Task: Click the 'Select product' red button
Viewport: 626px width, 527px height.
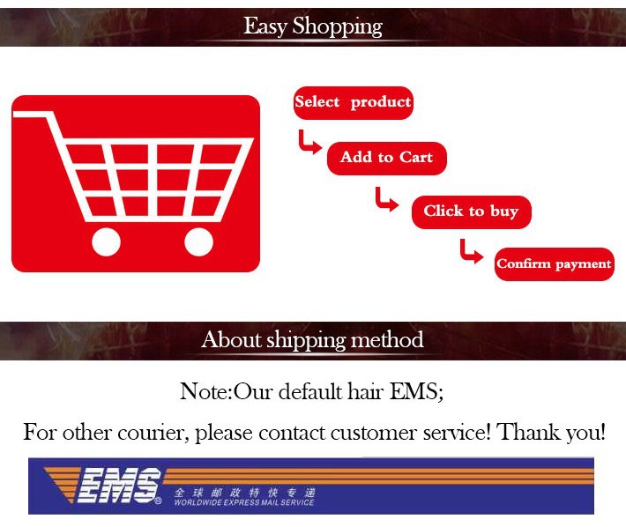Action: tap(354, 102)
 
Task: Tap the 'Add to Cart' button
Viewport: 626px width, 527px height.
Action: tap(386, 158)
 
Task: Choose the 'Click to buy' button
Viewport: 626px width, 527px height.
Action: tap(471, 212)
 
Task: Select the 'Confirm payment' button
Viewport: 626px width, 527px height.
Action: tap(554, 264)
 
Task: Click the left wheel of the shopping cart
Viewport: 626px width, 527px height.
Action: tap(106, 241)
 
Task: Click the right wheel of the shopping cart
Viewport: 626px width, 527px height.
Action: tap(198, 241)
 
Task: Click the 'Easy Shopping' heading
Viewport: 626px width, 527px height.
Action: tap(313, 26)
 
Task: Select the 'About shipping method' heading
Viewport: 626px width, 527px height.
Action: tap(312, 340)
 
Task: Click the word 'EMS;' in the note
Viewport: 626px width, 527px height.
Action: tap(416, 391)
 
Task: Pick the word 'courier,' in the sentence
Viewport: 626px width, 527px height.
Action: tap(153, 433)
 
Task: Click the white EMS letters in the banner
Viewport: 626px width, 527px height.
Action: tap(118, 486)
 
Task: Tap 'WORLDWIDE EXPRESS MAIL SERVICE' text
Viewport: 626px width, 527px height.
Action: tap(244, 502)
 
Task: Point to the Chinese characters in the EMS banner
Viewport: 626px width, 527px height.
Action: tap(244, 493)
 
